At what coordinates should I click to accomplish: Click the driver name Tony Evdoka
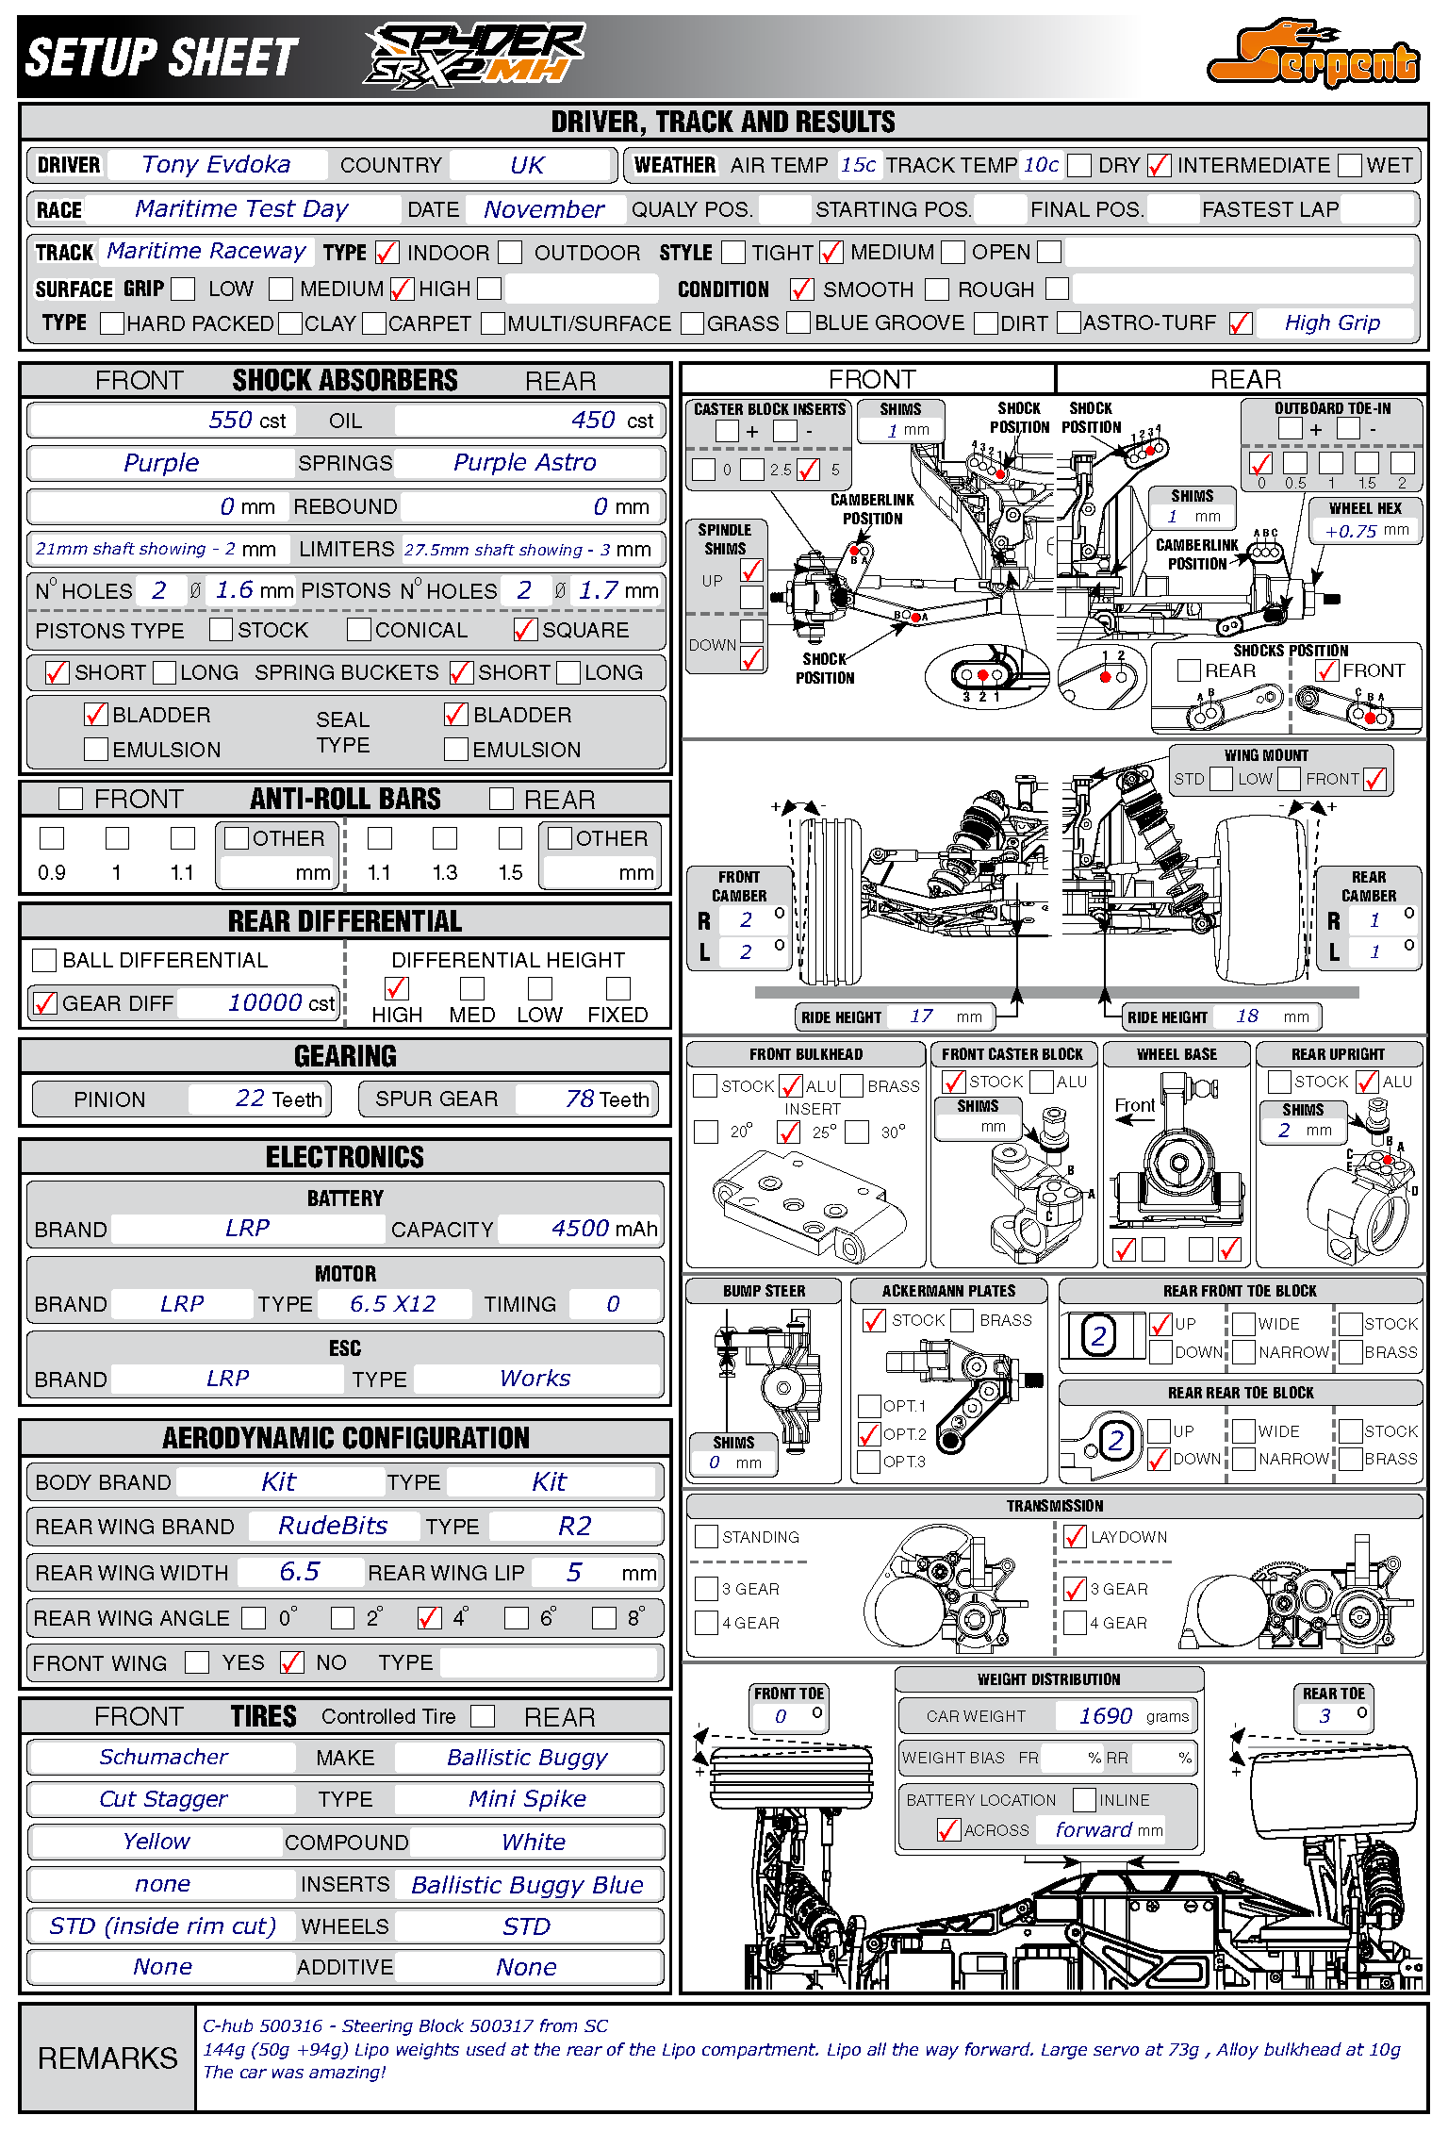coord(216,165)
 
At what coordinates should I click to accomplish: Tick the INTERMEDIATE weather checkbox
coord(1159,166)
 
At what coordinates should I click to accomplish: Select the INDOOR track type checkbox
coord(387,253)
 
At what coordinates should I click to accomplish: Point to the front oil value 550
coord(230,421)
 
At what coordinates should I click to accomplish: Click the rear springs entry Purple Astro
coord(524,463)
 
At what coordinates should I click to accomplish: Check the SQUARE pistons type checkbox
coord(524,630)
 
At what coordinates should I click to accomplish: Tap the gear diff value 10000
coord(265,1003)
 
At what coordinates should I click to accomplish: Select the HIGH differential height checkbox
coord(397,988)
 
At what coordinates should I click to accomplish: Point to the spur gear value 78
coord(580,1099)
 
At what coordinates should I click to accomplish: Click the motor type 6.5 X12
coord(392,1304)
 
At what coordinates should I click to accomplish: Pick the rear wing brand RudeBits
coord(333,1527)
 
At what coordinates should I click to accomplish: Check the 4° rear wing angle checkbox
coord(429,1618)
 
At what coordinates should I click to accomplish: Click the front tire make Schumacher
coord(163,1758)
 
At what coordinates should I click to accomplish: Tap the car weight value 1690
coord(1105,1716)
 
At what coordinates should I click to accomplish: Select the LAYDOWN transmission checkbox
coord(1074,1537)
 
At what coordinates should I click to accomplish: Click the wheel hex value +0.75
coord(1351,532)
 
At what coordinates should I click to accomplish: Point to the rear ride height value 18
coord(1246,1016)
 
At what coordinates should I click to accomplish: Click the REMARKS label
coord(107,2058)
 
